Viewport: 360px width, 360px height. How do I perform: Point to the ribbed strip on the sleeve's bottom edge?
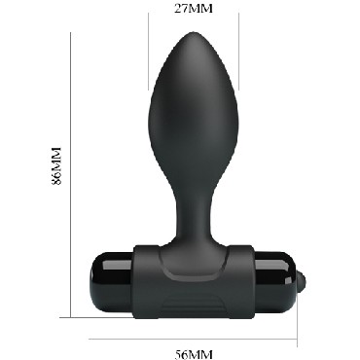(190, 309)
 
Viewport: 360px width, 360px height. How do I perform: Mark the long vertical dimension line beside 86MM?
(72, 175)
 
